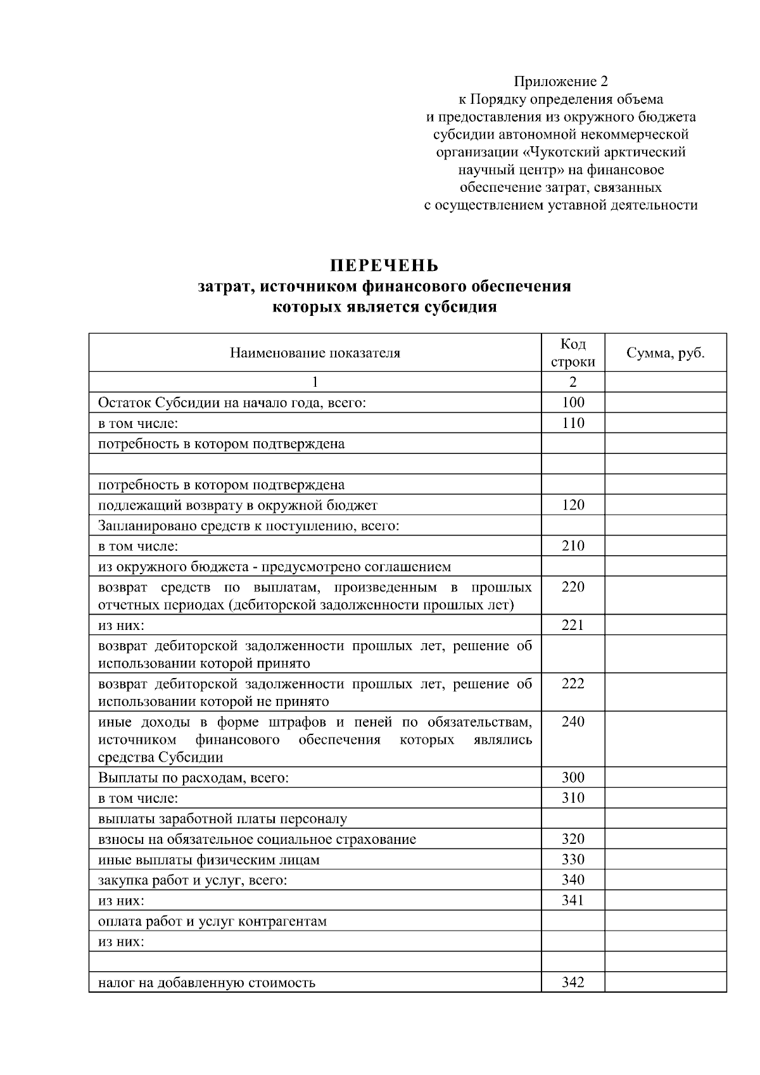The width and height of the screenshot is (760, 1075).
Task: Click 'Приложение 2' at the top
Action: coord(560,82)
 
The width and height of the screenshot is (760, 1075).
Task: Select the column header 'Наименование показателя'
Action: coord(315,353)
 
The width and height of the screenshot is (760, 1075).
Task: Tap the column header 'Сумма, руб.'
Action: coord(665,353)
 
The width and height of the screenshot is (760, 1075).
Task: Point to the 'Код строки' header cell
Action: coord(573,353)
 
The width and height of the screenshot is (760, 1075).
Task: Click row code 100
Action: coord(573,403)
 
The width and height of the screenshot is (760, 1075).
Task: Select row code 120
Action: coord(573,505)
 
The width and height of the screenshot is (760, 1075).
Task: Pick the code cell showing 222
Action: coord(573,684)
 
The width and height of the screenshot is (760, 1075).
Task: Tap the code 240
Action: coord(573,722)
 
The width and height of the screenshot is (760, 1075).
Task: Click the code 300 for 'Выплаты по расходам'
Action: coord(573,777)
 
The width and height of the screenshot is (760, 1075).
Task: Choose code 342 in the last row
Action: coord(573,983)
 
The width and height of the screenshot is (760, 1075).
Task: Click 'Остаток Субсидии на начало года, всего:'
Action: coord(232,403)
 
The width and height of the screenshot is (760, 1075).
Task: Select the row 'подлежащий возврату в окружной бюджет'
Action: coord(237,505)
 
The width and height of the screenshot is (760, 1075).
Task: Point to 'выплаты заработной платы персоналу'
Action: coord(222,819)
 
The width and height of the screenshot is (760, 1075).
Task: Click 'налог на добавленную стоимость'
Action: coord(206,983)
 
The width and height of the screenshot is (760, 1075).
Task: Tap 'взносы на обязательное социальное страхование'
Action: coord(257,839)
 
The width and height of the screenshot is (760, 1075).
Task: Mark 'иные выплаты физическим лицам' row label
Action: coord(209,860)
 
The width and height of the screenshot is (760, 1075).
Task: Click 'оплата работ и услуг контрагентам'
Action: coord(212,921)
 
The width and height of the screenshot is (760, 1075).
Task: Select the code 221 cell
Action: coord(573,626)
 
